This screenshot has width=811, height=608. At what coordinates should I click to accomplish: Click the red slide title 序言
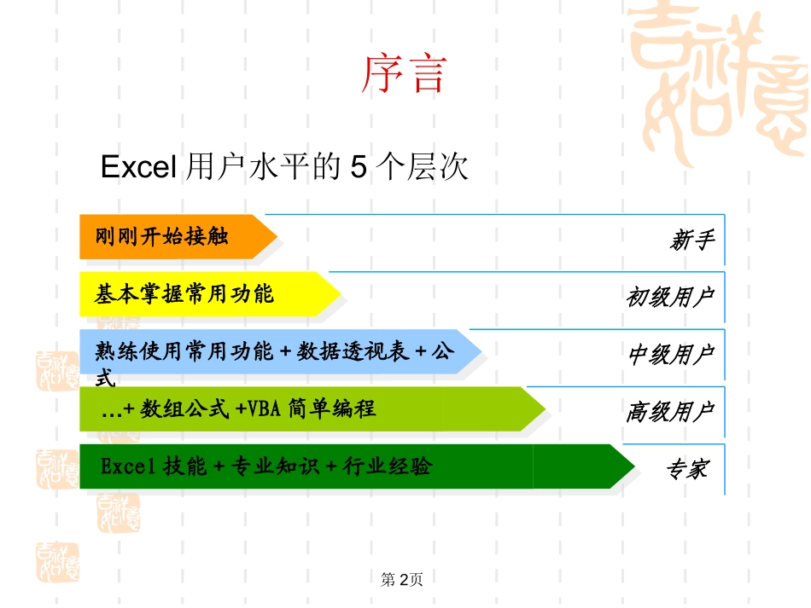(404, 73)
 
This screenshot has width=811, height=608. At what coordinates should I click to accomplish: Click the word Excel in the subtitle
(137, 168)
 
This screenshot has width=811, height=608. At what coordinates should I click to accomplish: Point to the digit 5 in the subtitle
(359, 168)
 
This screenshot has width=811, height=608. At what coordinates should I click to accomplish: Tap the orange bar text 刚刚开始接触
(161, 236)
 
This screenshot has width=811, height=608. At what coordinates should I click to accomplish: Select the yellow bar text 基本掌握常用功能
(184, 294)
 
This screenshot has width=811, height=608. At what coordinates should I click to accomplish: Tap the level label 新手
(691, 240)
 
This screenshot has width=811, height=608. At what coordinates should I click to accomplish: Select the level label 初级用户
(669, 298)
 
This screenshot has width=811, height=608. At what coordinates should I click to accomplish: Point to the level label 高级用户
(669, 412)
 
